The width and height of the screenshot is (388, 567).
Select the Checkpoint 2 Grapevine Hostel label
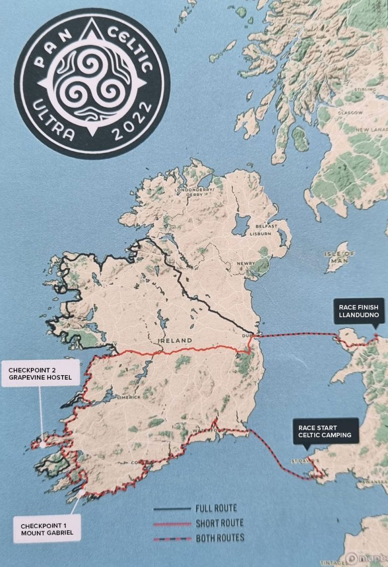(x=40, y=373)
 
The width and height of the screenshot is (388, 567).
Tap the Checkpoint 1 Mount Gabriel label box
(x=46, y=528)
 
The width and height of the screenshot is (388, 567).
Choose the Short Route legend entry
(x=219, y=523)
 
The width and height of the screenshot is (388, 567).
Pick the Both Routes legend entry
(x=220, y=538)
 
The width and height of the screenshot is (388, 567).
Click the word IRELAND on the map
(x=175, y=341)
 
